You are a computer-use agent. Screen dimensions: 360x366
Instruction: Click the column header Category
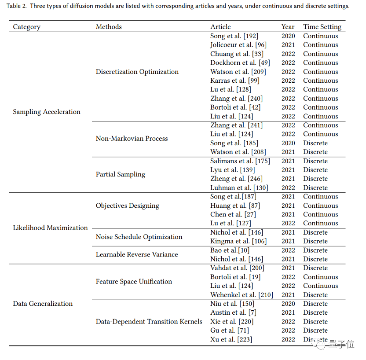click(26, 27)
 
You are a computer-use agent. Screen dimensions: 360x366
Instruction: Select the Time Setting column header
click(322, 27)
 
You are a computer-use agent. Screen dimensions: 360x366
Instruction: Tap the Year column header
click(288, 27)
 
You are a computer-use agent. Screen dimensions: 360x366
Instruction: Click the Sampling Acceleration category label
click(47, 112)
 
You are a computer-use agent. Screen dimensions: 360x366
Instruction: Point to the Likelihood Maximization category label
click(50, 228)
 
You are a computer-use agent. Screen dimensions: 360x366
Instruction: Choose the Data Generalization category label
click(43, 304)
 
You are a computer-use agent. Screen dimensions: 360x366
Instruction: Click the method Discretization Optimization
click(137, 72)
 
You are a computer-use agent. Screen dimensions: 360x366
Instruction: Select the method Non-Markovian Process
click(132, 139)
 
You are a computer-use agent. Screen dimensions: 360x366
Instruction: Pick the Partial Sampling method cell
click(121, 174)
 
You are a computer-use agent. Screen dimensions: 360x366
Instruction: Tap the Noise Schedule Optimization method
click(139, 237)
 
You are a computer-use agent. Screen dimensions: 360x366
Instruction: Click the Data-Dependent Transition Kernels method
click(149, 322)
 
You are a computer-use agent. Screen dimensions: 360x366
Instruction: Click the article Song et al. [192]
click(234, 36)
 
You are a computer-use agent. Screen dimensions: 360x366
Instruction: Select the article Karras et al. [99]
click(234, 81)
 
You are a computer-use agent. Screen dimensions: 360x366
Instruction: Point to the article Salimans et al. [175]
click(240, 161)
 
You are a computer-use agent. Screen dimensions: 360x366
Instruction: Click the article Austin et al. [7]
click(233, 312)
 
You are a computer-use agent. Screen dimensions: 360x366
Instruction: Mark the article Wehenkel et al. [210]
click(242, 295)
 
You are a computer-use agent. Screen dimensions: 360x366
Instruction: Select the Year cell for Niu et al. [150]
click(288, 304)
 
